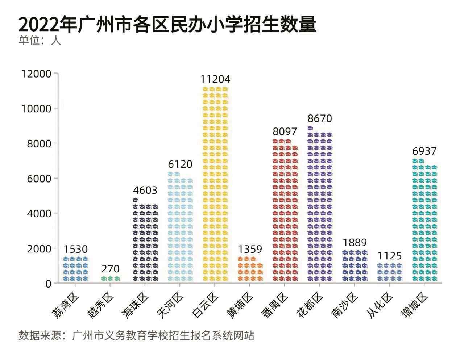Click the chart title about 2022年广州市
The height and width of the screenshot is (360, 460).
point(167,24)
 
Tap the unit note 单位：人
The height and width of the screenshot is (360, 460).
point(40,40)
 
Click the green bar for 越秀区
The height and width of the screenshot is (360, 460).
point(110,279)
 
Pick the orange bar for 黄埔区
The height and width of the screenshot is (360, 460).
point(250,269)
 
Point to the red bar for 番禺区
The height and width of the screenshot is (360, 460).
point(285,210)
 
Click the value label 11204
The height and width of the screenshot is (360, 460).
point(216,79)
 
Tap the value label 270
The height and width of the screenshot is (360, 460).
point(110,269)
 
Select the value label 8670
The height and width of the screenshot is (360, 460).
point(320,119)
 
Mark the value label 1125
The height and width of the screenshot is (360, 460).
point(390,256)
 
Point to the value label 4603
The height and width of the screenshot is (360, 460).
point(145,190)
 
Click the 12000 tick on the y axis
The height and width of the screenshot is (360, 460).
point(36,74)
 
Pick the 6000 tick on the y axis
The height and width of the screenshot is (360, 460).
point(39,178)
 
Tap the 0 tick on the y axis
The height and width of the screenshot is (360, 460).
point(49,284)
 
